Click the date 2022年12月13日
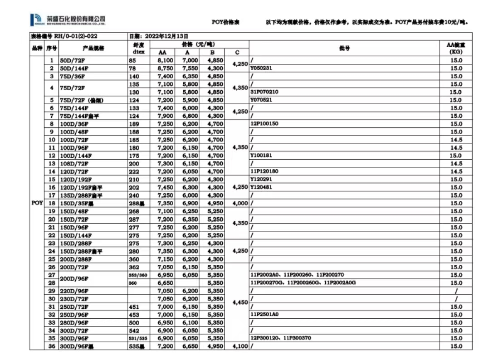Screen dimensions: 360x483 coord(158,36)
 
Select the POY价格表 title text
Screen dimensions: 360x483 coord(225,22)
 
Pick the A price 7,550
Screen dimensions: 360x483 coord(190,68)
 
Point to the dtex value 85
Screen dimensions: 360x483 coord(132,60)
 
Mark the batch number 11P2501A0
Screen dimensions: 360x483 coord(264,314)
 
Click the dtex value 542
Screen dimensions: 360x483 coord(134,331)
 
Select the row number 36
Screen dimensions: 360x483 coord(52,346)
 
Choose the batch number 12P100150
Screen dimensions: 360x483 coord(264,124)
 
